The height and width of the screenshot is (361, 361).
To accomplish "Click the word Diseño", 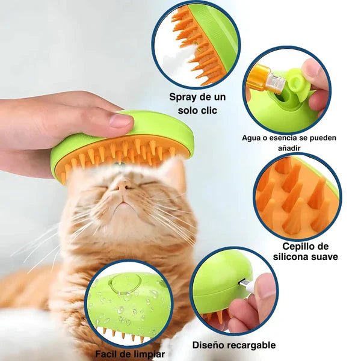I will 208,345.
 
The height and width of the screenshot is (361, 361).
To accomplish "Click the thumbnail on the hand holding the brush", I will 120,120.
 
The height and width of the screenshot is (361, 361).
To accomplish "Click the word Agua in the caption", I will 252,138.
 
